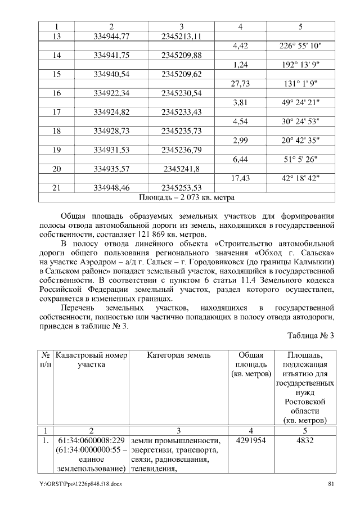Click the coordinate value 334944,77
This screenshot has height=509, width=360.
(x=111, y=37)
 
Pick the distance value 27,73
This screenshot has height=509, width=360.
(x=240, y=83)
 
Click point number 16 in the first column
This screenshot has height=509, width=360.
(x=56, y=93)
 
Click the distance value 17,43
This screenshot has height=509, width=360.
(x=240, y=178)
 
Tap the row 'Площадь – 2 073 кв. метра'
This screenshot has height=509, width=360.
(x=186, y=197)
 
